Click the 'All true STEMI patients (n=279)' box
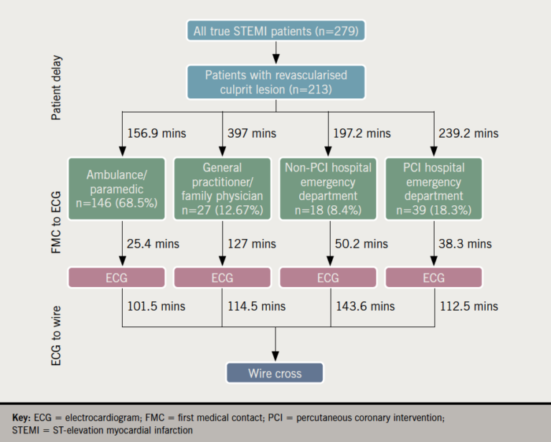(276, 31)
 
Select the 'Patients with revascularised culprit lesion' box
(276, 82)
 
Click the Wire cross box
(275, 373)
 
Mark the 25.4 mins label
(154, 243)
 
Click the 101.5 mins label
(156, 306)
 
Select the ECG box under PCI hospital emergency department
(433, 278)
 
